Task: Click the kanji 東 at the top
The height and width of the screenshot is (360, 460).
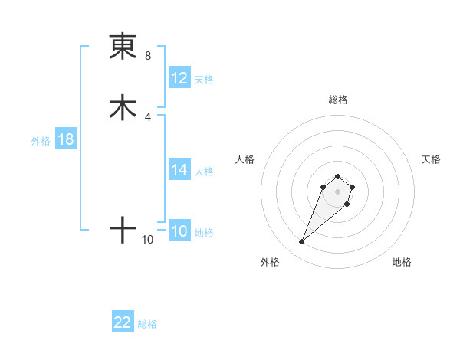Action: (123, 47)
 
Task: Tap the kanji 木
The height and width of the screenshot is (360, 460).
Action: (123, 108)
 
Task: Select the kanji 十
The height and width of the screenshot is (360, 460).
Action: (123, 230)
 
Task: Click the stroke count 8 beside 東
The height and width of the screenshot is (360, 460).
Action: (148, 56)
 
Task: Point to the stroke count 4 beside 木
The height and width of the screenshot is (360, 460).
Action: (148, 116)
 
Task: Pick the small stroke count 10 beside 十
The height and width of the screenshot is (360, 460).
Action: (148, 240)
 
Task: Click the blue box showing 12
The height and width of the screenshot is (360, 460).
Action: (179, 78)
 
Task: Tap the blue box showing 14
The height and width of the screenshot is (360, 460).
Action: (179, 170)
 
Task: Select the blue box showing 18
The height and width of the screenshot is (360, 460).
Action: (66, 139)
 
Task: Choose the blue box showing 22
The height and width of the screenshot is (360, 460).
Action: (123, 322)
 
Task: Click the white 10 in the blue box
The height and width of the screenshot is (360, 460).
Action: (179, 231)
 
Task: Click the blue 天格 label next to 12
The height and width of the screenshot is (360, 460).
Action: (204, 80)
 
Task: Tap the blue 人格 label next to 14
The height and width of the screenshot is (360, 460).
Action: (204, 172)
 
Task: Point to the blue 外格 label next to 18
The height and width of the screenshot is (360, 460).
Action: (41, 141)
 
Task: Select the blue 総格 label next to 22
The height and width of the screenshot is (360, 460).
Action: (147, 324)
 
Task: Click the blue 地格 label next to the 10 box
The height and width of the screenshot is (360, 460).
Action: (204, 233)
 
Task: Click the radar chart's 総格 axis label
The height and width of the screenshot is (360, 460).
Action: (338, 100)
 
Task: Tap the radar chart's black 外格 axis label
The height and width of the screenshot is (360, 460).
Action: (270, 263)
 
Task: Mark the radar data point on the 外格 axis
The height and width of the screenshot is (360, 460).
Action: (302, 242)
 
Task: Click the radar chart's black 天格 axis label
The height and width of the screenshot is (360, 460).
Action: (431, 159)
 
